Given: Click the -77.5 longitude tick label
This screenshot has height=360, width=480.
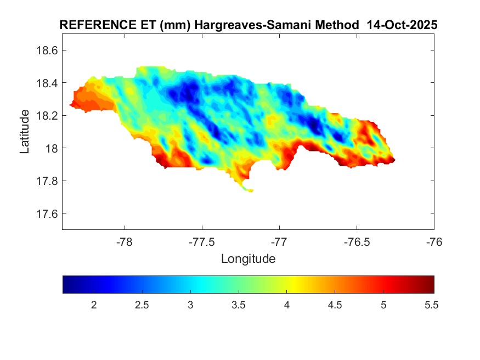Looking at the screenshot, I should coord(202,241).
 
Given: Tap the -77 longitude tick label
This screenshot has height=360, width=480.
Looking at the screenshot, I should coord(279,241).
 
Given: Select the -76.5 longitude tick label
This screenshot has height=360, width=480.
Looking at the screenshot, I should coord(357,241).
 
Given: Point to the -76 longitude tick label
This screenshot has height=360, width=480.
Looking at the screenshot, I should coord(434,241).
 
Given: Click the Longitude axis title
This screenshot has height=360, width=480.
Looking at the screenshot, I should coord(248,258).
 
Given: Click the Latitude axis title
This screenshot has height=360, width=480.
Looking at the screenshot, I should coord(25,132).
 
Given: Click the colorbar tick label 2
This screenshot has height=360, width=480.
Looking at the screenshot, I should coord(94,305).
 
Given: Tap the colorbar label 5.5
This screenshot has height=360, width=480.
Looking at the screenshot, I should coord(431,305).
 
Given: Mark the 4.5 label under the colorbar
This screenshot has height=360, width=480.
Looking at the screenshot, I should coord(335,305).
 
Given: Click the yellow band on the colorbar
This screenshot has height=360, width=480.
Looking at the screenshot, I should coord(293,284).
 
